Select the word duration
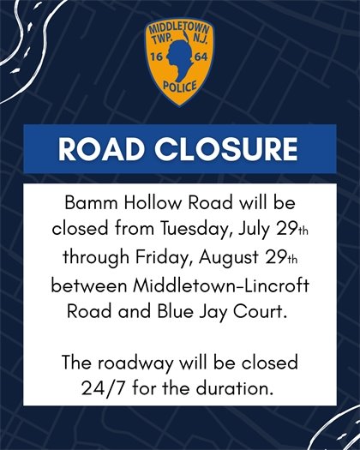237,387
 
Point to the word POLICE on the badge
180,87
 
